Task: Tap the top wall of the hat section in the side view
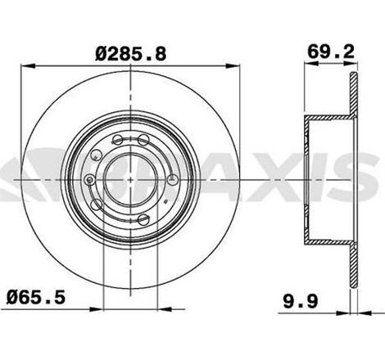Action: click(x=328, y=121)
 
